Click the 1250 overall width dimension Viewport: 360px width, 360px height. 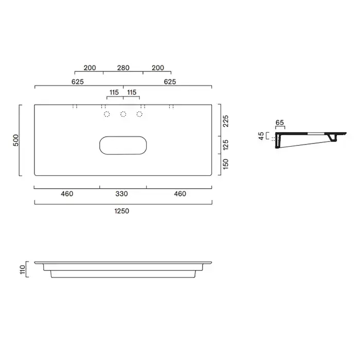coord(122,211)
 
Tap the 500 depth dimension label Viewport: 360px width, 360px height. coord(16,140)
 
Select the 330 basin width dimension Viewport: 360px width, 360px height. coord(121,194)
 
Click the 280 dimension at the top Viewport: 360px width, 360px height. coord(123,68)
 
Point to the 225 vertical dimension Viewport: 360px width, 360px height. coord(226,121)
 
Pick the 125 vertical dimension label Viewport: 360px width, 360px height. coord(226,145)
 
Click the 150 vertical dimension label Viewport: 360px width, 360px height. coord(226,164)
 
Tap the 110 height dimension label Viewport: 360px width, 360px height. coord(23,269)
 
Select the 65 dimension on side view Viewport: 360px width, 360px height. coord(280,122)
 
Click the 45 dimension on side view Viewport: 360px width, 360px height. coord(261,136)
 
